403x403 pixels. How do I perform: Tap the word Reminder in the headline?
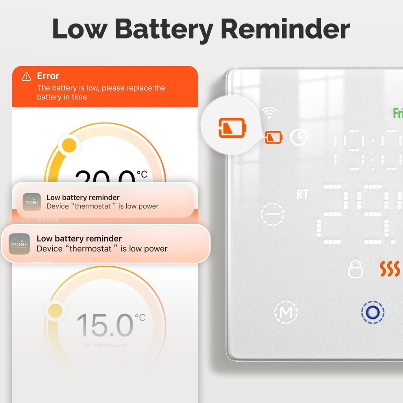click(x=285, y=29)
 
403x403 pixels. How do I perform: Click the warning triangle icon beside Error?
click(x=26, y=76)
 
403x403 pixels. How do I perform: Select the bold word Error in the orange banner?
click(x=48, y=76)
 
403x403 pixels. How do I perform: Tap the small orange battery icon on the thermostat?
click(x=274, y=137)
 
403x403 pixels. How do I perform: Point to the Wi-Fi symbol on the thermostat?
click(x=269, y=113)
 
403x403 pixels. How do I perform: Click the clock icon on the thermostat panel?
click(x=299, y=137)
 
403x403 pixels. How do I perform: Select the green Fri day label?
click(x=397, y=113)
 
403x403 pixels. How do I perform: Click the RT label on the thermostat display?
click(x=302, y=194)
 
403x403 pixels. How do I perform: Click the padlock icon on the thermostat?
click(x=355, y=270)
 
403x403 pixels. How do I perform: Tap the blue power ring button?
click(x=372, y=312)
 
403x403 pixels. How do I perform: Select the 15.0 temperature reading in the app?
click(x=105, y=325)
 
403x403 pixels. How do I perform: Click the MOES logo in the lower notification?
click(x=20, y=244)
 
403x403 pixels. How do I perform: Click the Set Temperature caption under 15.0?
click(x=105, y=345)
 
